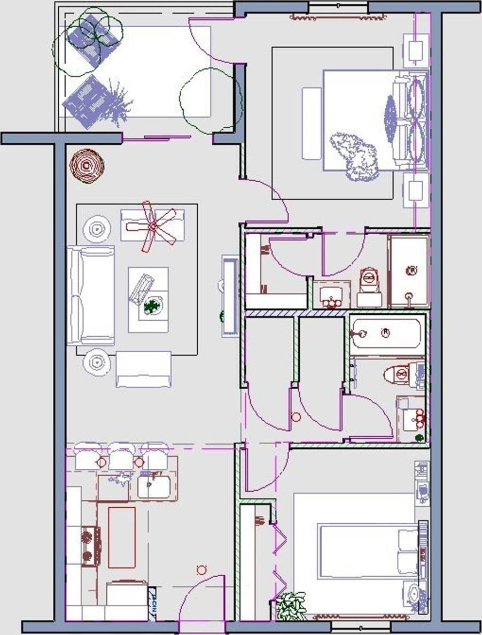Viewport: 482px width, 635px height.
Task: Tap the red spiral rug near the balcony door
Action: click(x=87, y=165)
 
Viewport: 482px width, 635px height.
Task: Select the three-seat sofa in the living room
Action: click(x=91, y=295)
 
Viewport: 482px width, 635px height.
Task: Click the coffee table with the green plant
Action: click(x=149, y=299)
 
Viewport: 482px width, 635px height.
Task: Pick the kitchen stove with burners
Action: click(x=90, y=546)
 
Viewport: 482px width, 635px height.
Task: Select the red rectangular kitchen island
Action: click(x=122, y=537)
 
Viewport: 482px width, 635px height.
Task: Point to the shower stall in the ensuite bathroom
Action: click(x=409, y=272)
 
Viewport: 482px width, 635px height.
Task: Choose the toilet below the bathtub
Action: click(x=402, y=374)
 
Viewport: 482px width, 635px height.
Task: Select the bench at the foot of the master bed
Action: click(x=312, y=123)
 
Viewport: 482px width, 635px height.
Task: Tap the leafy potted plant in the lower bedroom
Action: click(x=291, y=606)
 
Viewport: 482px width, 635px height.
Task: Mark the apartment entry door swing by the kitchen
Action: click(x=202, y=599)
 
